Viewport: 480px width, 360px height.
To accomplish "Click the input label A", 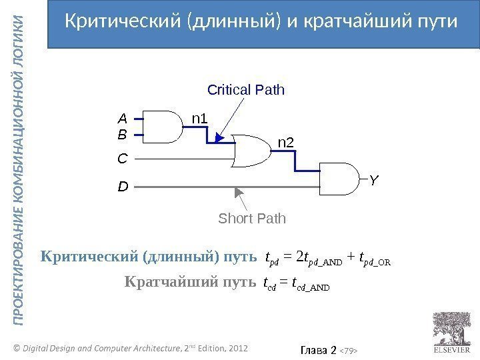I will [x=122, y=119].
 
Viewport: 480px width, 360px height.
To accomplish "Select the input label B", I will [x=122, y=135].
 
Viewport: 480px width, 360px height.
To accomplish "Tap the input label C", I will [x=122, y=160].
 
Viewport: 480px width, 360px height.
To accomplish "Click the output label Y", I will [x=374, y=181].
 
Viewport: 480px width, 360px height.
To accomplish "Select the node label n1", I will [x=200, y=119].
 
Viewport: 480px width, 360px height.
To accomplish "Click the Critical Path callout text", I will [x=246, y=89].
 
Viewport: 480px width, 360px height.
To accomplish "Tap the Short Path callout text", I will [x=252, y=219].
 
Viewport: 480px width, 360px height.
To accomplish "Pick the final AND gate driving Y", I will [x=340, y=179].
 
